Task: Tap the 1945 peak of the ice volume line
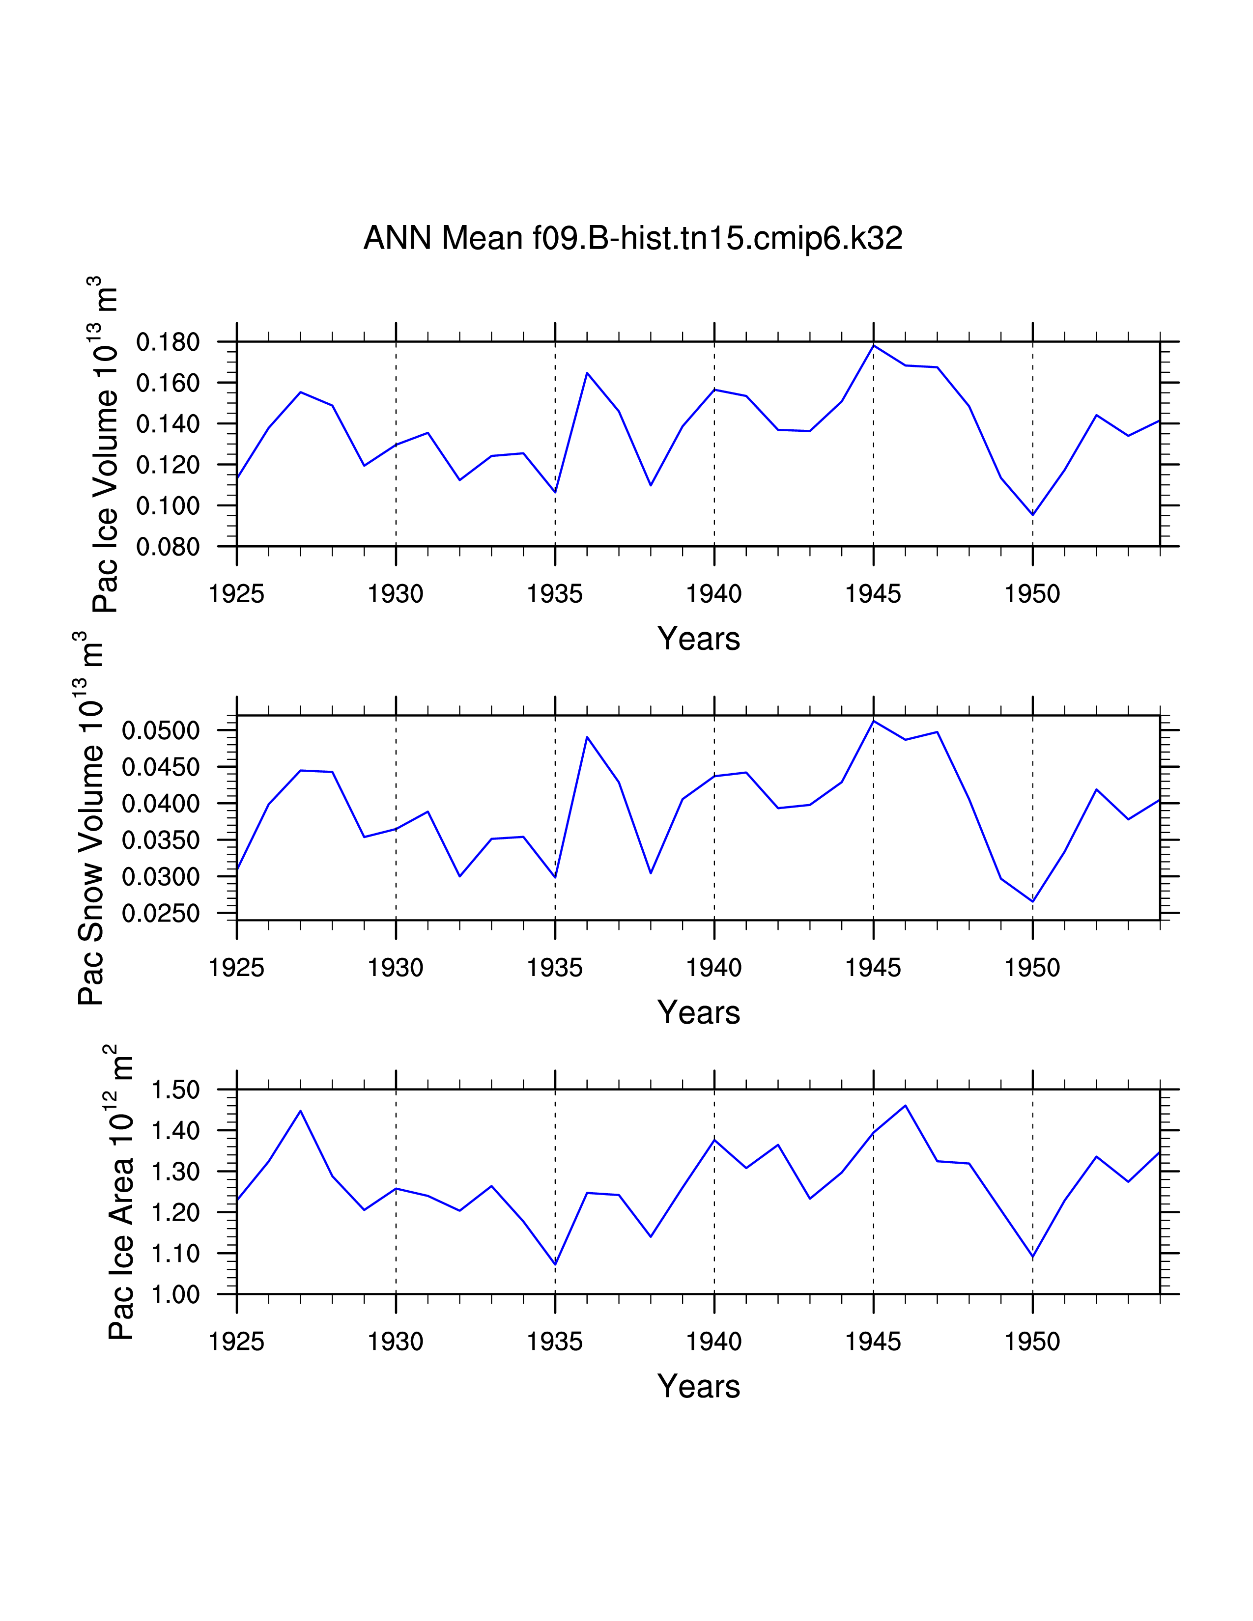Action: pos(874,346)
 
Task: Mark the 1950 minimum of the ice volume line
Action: pos(1032,514)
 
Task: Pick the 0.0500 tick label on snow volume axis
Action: pos(161,730)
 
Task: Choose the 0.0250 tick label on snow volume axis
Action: pos(161,914)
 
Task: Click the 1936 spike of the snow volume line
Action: pos(587,737)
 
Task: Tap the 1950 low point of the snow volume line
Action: pos(1032,901)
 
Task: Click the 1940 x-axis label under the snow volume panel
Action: pos(713,968)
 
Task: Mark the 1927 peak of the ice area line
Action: pos(301,1111)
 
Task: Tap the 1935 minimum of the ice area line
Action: pos(555,1264)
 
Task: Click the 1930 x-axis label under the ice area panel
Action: pos(396,1342)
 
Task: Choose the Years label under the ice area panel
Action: pos(699,1387)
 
